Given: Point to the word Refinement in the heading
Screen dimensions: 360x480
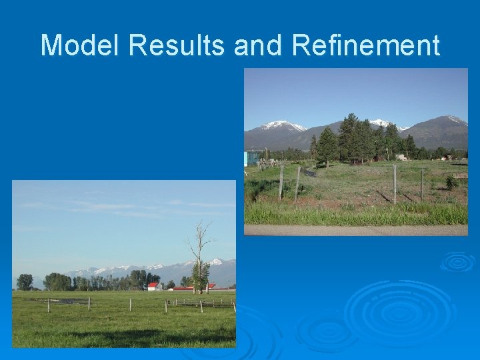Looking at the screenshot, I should [x=366, y=45].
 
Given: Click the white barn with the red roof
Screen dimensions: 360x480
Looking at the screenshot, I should [x=153, y=286].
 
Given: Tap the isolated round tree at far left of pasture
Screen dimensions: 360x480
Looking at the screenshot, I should [x=25, y=281].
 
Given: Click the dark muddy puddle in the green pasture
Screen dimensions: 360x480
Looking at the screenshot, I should [x=60, y=301].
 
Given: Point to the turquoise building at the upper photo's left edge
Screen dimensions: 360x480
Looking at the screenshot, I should [x=252, y=158].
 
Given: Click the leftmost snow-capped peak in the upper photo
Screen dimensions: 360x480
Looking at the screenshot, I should [x=281, y=125].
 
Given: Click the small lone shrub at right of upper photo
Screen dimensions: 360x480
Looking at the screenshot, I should [x=451, y=181].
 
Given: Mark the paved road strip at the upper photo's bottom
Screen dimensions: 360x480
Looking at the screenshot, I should [x=355, y=230].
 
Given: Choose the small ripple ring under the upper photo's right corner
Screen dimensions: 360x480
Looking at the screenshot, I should [x=457, y=261].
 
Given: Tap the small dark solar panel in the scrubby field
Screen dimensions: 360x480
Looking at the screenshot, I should [x=310, y=173].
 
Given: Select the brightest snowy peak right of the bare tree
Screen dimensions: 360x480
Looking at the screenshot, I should [x=215, y=262].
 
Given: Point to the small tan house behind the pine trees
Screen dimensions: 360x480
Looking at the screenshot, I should [x=401, y=157].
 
